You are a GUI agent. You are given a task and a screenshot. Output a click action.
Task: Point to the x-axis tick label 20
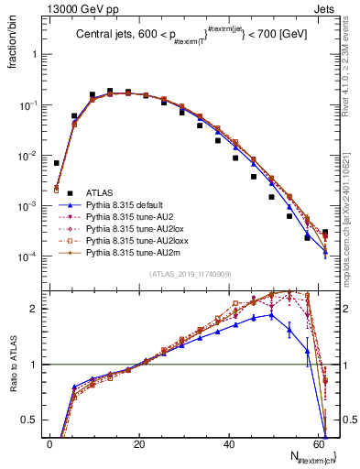click(x=139, y=443)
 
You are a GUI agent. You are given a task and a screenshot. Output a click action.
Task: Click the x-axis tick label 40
click(x=229, y=443)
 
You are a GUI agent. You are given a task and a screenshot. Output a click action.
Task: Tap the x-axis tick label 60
click(x=318, y=443)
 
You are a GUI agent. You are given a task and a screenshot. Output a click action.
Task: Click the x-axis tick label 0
click(x=50, y=443)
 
